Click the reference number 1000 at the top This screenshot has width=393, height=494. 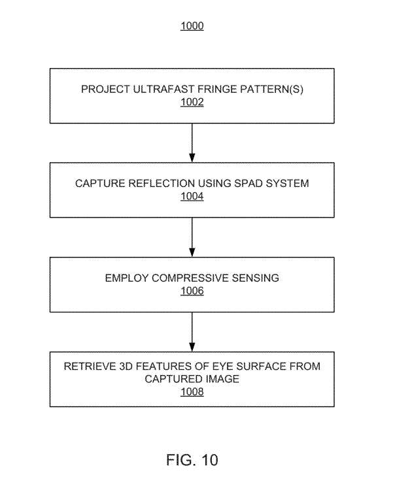pyautogui.click(x=192, y=26)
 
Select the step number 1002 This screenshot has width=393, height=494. pyautogui.click(x=192, y=102)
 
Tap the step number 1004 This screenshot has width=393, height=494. pyautogui.click(x=192, y=196)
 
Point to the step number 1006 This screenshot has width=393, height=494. pyautogui.click(x=192, y=291)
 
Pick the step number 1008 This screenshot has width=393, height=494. pyautogui.click(x=192, y=391)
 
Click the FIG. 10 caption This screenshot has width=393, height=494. pyautogui.click(x=192, y=460)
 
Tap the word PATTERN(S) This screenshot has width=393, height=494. pyautogui.click(x=271, y=89)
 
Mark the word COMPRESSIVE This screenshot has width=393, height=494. pyautogui.click(x=190, y=278)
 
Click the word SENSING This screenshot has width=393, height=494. pyautogui.click(x=255, y=278)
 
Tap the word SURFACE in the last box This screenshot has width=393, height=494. pyautogui.click(x=260, y=366)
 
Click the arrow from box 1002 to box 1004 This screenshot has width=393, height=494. pyautogui.click(x=192, y=143)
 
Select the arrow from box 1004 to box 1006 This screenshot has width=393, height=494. pyautogui.click(x=192, y=237)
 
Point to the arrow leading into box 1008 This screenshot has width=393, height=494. pyautogui.click(x=192, y=332)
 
